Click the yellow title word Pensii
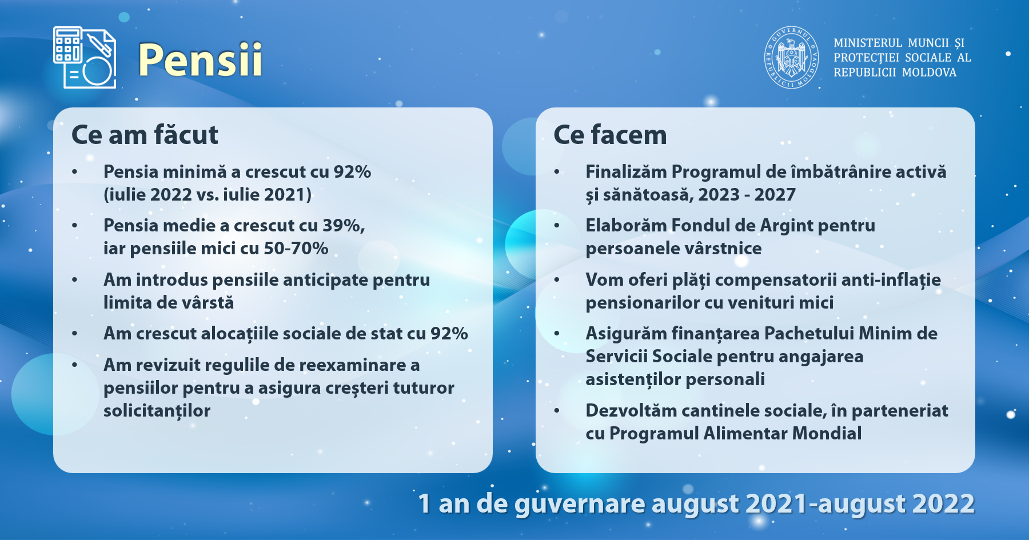click(x=200, y=59)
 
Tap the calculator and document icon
click(x=85, y=57)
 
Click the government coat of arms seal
click(x=792, y=57)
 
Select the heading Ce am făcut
click(x=145, y=135)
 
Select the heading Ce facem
click(x=610, y=135)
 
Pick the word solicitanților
click(x=157, y=411)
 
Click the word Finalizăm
click(x=626, y=172)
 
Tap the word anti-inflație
click(x=891, y=280)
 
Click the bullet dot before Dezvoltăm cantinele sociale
click(x=557, y=410)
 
